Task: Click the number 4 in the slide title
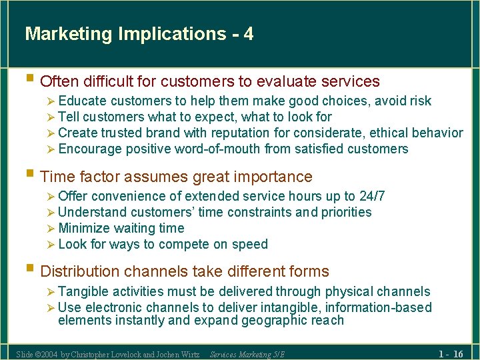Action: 249,34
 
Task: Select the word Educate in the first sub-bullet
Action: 83,101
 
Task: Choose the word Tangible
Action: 84,292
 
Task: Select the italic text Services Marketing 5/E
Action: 247,354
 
